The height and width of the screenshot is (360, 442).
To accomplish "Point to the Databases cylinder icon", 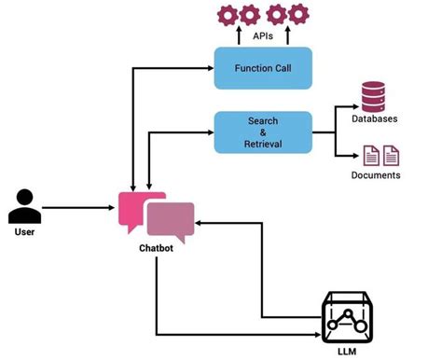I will click(374, 95).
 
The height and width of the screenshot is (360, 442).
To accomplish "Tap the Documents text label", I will click(376, 174).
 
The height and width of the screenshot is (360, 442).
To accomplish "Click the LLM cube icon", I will click(346, 316).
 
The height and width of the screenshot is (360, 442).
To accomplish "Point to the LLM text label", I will click(346, 351).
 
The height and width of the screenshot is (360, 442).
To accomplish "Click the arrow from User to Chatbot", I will click(84, 208).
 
